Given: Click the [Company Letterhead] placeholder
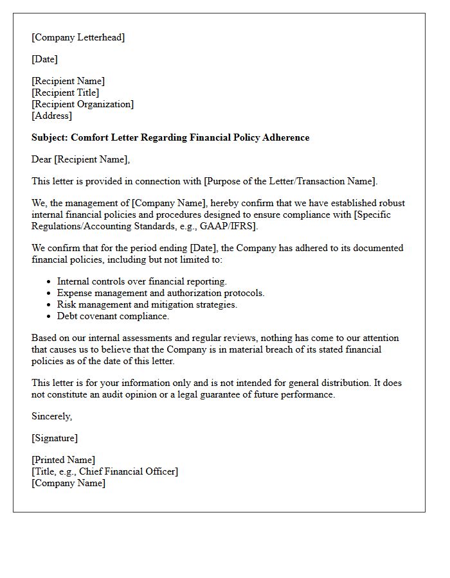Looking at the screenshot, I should [78, 37].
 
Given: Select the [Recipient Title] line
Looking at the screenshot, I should [65, 92].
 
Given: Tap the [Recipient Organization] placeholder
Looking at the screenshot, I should [82, 104].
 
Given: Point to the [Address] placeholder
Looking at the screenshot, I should [51, 116].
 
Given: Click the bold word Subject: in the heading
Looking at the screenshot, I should [50, 137].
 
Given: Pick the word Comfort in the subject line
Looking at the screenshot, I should [89, 137].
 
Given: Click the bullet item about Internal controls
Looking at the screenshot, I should [141, 281].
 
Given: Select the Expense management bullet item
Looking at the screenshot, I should [161, 293].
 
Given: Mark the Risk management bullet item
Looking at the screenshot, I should [147, 304].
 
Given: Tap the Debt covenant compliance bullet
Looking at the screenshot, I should [113, 316].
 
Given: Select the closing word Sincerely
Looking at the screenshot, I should [51, 416].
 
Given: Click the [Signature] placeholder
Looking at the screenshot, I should [54, 438].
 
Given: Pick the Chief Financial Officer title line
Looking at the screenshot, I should [105, 471].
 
